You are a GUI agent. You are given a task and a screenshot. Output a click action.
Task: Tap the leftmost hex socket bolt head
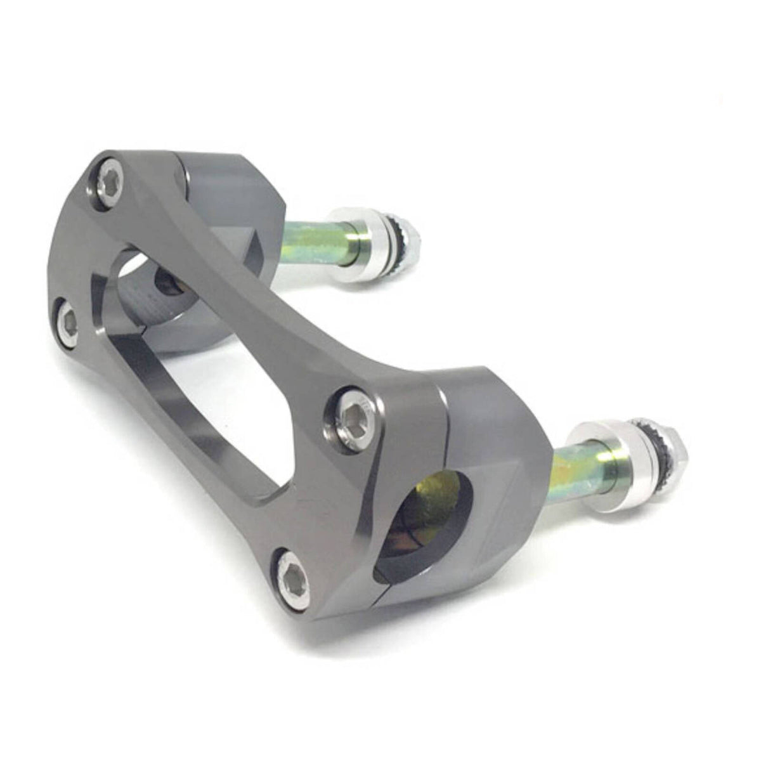coord(67,323)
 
